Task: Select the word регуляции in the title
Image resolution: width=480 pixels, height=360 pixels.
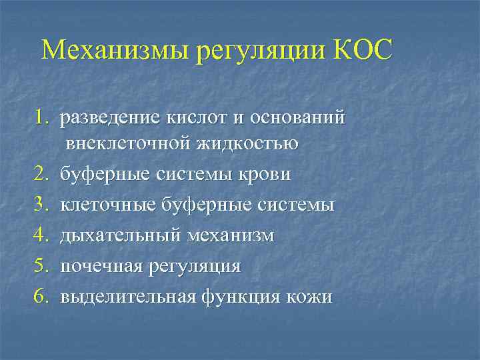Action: pos(259,52)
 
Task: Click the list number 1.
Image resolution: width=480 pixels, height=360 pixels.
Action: pos(42,119)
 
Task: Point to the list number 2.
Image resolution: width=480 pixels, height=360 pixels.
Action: pos(42,174)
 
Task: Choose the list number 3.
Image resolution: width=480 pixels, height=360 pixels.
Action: pos(42,205)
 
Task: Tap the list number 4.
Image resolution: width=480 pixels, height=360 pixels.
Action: pos(42,235)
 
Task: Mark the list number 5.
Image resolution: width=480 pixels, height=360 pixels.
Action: pos(42,266)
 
